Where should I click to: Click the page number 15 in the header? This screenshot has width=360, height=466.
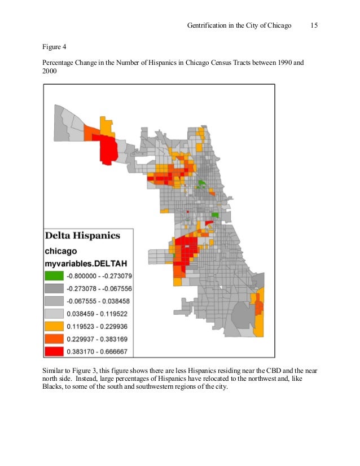pyautogui.click(x=315, y=27)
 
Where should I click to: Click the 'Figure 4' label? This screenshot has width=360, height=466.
pyautogui.click(x=55, y=47)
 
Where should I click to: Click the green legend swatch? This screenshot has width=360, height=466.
pyautogui.click(x=55, y=276)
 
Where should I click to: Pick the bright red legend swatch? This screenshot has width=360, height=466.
pyautogui.click(x=55, y=351)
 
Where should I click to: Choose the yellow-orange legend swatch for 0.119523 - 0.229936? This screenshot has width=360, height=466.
pyautogui.click(x=55, y=326)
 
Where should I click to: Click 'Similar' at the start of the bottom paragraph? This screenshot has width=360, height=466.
pyautogui.click(x=54, y=370)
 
